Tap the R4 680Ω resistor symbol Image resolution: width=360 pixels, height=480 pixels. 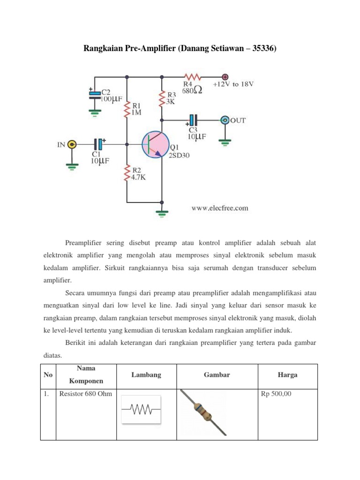(193, 76)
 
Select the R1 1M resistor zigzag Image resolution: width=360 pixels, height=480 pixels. (127, 111)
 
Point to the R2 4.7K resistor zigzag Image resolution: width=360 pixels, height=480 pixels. (127, 173)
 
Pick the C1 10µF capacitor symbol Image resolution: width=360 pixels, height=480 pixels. (98, 144)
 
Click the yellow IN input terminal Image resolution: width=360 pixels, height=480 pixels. (72, 144)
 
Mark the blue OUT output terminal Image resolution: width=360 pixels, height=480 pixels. (225, 120)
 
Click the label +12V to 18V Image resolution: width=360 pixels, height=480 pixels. (233, 84)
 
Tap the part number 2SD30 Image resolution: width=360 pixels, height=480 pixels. (180, 156)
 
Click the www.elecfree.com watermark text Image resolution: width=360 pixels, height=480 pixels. (219, 208)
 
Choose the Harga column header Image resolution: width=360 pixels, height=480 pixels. (287, 375)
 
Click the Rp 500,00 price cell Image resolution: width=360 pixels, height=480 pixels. (276, 394)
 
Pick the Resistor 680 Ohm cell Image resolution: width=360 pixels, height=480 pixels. (86, 394)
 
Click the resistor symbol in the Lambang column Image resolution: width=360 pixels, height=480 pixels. (141, 410)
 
